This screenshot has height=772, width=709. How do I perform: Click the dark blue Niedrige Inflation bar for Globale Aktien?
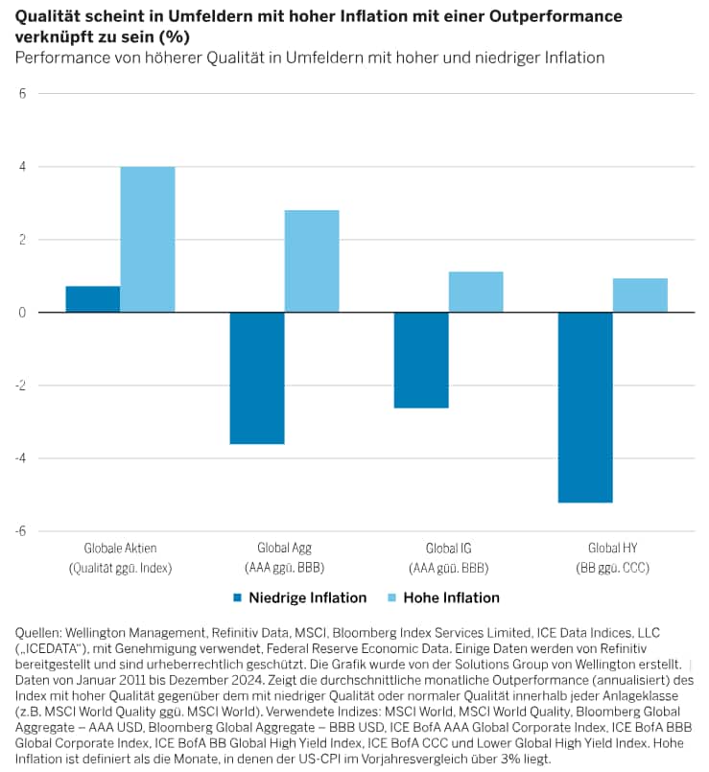tap(93, 299)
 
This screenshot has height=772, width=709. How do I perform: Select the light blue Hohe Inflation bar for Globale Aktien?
tap(148, 240)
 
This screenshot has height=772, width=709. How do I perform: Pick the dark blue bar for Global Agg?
tap(257, 378)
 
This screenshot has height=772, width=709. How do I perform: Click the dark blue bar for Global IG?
tap(421, 360)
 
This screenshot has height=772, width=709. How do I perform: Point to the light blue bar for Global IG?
tap(476, 292)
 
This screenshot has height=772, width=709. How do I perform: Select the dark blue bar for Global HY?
tap(585, 407)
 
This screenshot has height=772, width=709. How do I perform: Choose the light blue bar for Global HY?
tap(640, 295)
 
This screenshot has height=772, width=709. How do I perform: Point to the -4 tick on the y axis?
tap(20, 458)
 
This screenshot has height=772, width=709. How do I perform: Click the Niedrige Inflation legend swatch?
tap(237, 598)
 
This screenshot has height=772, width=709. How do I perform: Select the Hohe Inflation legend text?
tap(451, 598)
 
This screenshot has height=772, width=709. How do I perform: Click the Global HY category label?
tap(612, 549)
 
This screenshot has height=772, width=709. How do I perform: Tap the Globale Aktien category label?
tap(120, 549)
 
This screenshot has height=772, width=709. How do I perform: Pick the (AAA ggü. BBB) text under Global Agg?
tap(284, 568)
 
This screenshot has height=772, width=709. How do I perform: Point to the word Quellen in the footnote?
tap(39, 632)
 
